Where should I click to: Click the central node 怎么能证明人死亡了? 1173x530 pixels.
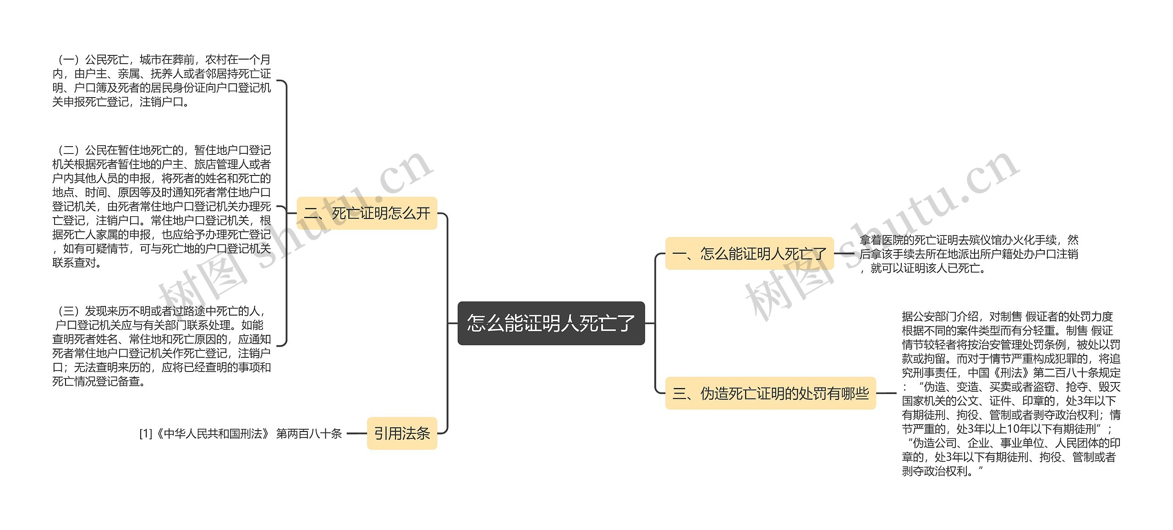click(x=551, y=323)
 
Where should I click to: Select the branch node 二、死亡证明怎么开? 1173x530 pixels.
click(x=367, y=213)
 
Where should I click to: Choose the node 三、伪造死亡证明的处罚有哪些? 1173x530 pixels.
click(x=770, y=393)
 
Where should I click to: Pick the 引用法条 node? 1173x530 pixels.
click(x=402, y=433)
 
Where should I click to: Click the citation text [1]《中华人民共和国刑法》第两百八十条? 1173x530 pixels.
click(x=241, y=433)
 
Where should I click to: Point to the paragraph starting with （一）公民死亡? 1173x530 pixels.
click(x=161, y=81)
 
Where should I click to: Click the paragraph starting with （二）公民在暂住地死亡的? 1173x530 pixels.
click(x=161, y=206)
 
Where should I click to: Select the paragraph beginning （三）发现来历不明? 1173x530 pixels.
click(x=161, y=346)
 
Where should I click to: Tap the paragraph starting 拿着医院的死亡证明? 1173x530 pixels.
click(x=969, y=254)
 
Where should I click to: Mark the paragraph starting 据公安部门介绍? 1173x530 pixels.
click(x=1011, y=393)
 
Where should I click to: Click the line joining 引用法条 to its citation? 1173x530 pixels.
click(x=357, y=433)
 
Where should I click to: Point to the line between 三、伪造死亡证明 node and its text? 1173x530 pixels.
click(x=886, y=393)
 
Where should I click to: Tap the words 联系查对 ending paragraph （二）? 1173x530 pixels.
click(x=74, y=263)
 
